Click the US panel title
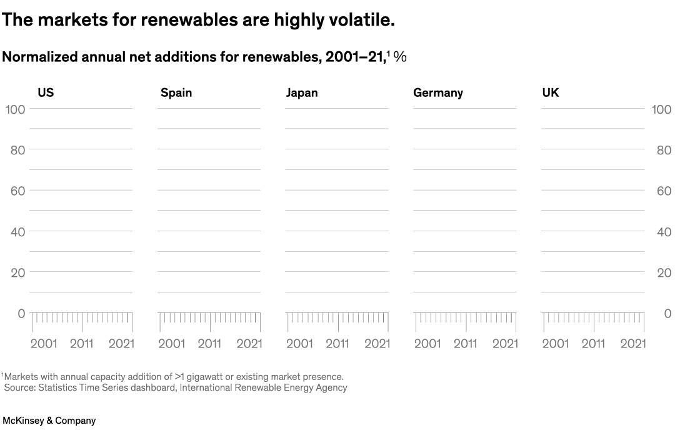[46, 92]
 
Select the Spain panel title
[176, 92]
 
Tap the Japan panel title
[302, 92]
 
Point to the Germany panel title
[438, 92]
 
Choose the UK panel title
[551, 92]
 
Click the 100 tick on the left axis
[15, 109]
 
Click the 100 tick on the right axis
[661, 109]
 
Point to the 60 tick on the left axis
[17, 191]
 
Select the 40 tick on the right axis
[664, 232]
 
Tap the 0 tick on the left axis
[21, 313]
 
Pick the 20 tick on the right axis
[664, 272]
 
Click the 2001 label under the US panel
[44, 343]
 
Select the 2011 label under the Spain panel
[209, 343]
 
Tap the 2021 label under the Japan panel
[377, 343]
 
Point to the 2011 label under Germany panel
[466, 343]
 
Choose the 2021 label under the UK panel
[632, 343]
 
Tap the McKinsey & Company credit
[49, 421]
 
